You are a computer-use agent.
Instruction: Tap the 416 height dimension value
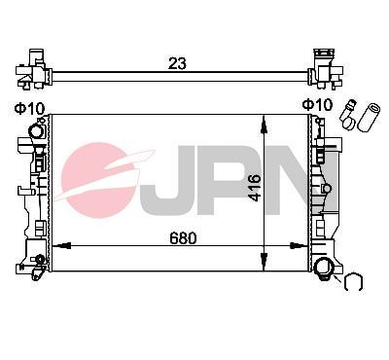(x=255, y=186)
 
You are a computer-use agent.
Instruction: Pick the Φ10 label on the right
(x=317, y=105)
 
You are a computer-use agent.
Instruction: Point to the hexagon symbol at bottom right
(x=354, y=283)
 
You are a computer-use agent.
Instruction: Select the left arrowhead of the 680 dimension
(x=56, y=248)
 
